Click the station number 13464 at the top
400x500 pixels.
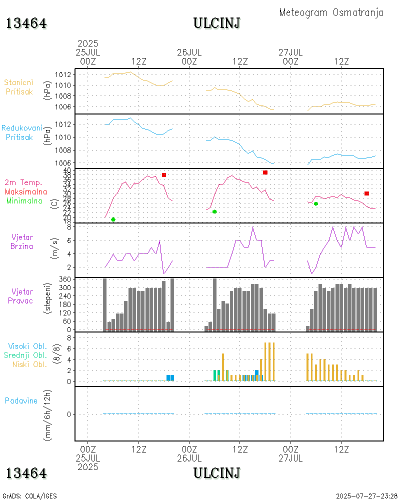pyautogui.click(x=26, y=23)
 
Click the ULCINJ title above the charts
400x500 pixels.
pyautogui.click(x=216, y=23)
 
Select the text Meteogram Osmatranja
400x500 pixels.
pyautogui.click(x=331, y=12)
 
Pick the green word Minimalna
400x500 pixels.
pyautogui.click(x=24, y=200)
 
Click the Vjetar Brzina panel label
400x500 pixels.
pyautogui.click(x=23, y=241)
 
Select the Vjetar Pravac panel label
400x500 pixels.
pyautogui.click(x=23, y=295)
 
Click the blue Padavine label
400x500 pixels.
pyautogui.click(x=21, y=400)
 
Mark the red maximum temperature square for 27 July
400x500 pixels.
pyautogui.click(x=366, y=193)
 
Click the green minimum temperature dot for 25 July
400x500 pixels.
pyautogui.click(x=113, y=219)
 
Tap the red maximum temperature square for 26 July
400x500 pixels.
pyautogui.click(x=265, y=172)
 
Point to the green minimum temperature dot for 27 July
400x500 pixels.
pyautogui.click(x=315, y=203)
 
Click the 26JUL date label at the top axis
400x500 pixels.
pyautogui.click(x=189, y=52)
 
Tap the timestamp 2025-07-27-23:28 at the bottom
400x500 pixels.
pyautogui.click(x=366, y=496)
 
